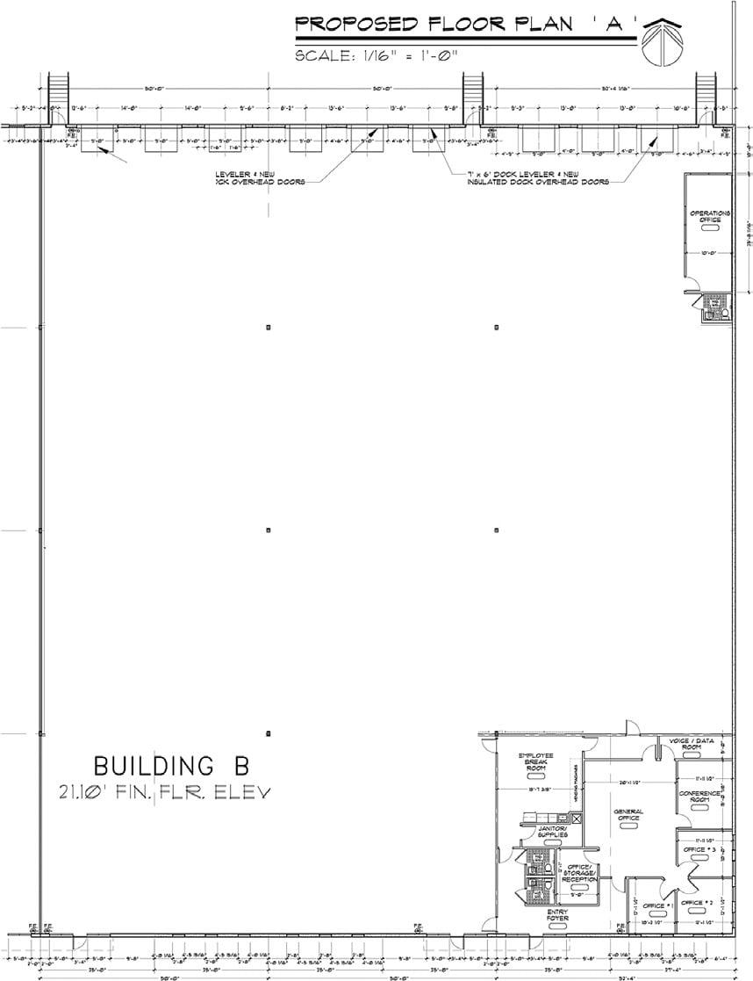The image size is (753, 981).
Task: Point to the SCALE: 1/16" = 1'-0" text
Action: [x=377, y=55]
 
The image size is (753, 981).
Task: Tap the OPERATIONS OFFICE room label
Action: [x=710, y=216]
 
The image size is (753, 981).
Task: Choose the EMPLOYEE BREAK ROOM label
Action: [x=535, y=761]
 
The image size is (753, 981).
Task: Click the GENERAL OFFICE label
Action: [x=628, y=814]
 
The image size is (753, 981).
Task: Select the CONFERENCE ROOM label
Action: [x=699, y=797]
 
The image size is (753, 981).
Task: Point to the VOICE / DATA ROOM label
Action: [x=692, y=743]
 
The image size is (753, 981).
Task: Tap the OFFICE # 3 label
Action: [x=699, y=849]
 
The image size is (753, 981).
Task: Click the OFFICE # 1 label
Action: [x=657, y=905]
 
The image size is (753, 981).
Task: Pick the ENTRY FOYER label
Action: [x=557, y=915]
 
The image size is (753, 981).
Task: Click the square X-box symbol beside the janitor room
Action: [x=577, y=818]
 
